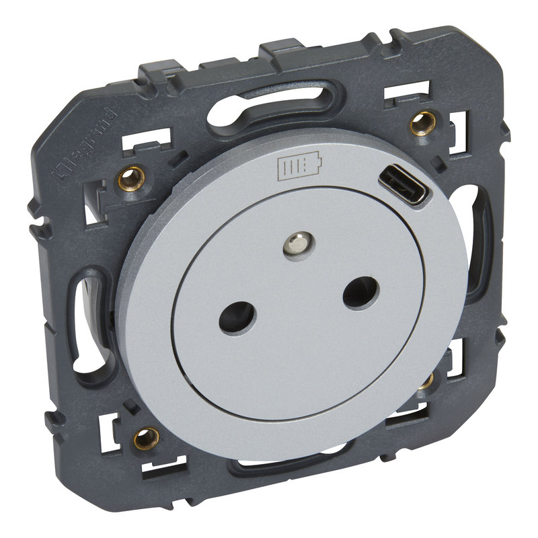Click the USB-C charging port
(403, 184)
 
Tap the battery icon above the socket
(300, 165)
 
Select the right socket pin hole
(361, 293)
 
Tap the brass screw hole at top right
(423, 123)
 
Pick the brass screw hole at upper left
(131, 178)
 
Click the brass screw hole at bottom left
(147, 438)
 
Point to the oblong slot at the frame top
(274, 106)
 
